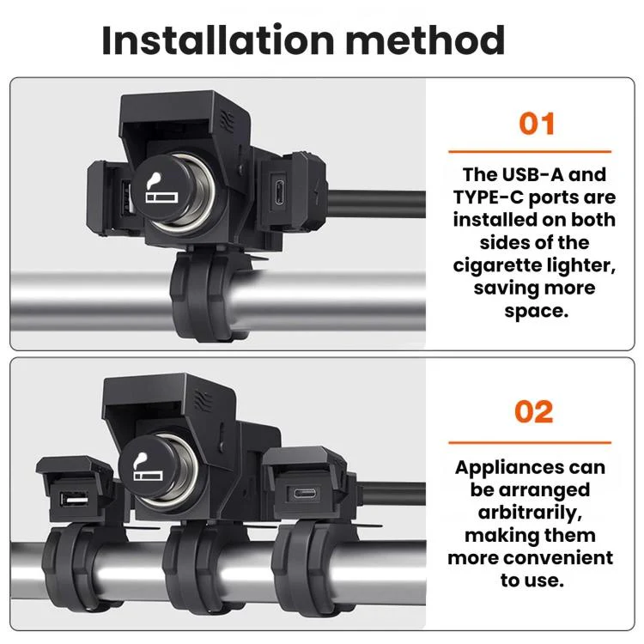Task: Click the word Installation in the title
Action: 218,39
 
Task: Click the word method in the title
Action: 426,39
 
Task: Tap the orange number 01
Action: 537,124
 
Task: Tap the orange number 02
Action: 534,411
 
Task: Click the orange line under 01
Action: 530,151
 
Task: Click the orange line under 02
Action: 530,442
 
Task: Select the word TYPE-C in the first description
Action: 489,197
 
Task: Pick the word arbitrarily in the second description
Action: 530,513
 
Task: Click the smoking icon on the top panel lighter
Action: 161,189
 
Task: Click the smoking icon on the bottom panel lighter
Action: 148,467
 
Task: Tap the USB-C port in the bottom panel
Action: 305,493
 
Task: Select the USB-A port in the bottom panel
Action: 74,500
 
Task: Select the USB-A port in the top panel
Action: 127,198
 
